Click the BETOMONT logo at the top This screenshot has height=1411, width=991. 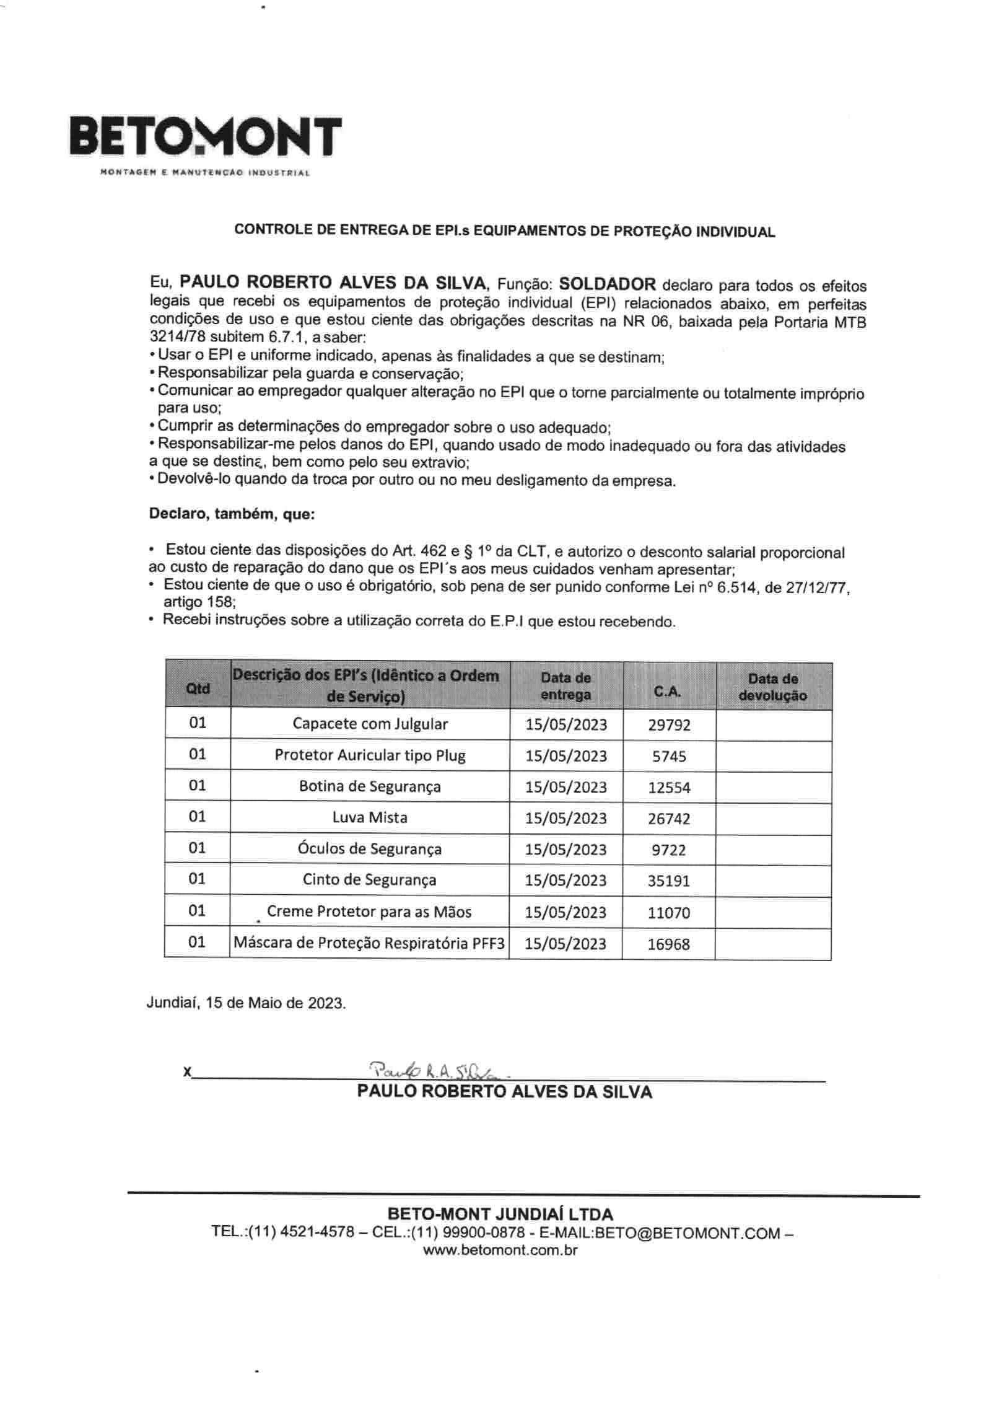(206, 138)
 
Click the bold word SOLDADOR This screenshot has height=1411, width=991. (607, 284)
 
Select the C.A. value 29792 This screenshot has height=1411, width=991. (669, 725)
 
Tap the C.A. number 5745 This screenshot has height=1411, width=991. (669, 756)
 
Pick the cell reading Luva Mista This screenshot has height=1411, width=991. (370, 818)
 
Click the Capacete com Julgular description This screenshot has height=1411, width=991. (370, 724)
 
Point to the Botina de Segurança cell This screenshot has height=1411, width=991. (370, 786)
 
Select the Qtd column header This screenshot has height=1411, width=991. (198, 688)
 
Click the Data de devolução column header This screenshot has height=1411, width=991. (773, 687)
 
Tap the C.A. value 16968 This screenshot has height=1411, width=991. (669, 944)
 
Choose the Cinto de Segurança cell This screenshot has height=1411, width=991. (370, 880)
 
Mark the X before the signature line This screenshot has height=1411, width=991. (187, 1071)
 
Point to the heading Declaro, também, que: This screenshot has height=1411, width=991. (232, 514)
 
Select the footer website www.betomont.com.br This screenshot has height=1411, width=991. (500, 1250)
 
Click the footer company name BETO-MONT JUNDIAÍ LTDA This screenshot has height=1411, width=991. (500, 1214)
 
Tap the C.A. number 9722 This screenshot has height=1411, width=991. (669, 850)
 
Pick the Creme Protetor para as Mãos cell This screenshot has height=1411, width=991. (369, 912)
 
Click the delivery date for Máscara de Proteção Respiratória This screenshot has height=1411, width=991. (565, 944)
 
